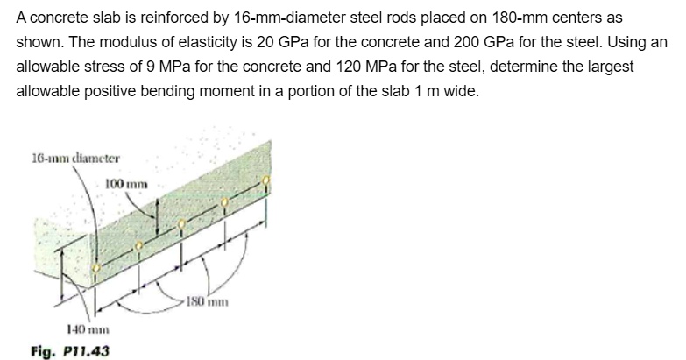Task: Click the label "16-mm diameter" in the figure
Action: pyautogui.click(x=66, y=159)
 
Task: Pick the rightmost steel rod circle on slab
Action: pyautogui.click(x=268, y=182)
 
